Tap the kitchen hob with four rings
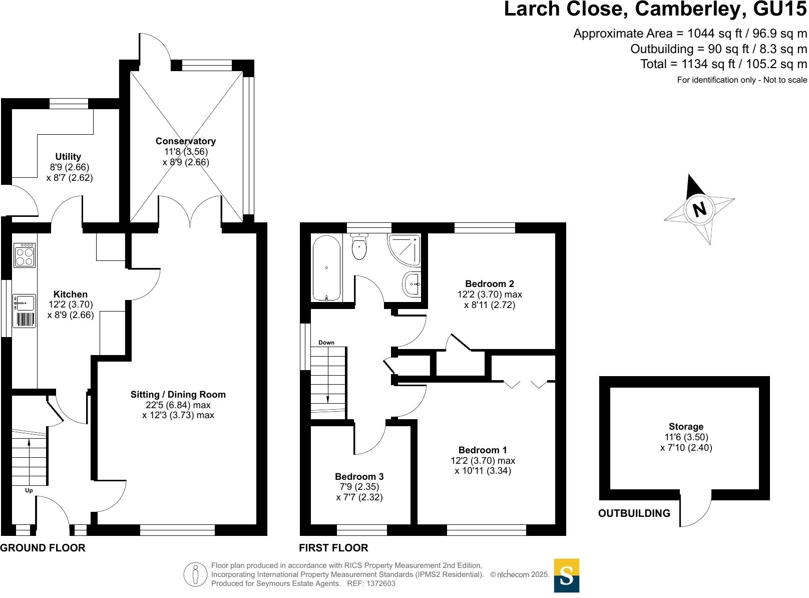(25, 255)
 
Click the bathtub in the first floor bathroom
(326, 268)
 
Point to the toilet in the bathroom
(359, 247)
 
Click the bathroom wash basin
(412, 284)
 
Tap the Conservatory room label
(185, 141)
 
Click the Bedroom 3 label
(359, 476)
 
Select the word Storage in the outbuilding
(686, 427)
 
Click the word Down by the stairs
(326, 343)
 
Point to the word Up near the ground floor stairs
(29, 490)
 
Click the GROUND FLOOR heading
(43, 548)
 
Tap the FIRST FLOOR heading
(333, 548)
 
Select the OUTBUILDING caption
(634, 513)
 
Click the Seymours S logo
(566, 575)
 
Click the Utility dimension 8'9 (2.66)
(69, 167)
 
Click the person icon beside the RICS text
(195, 574)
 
